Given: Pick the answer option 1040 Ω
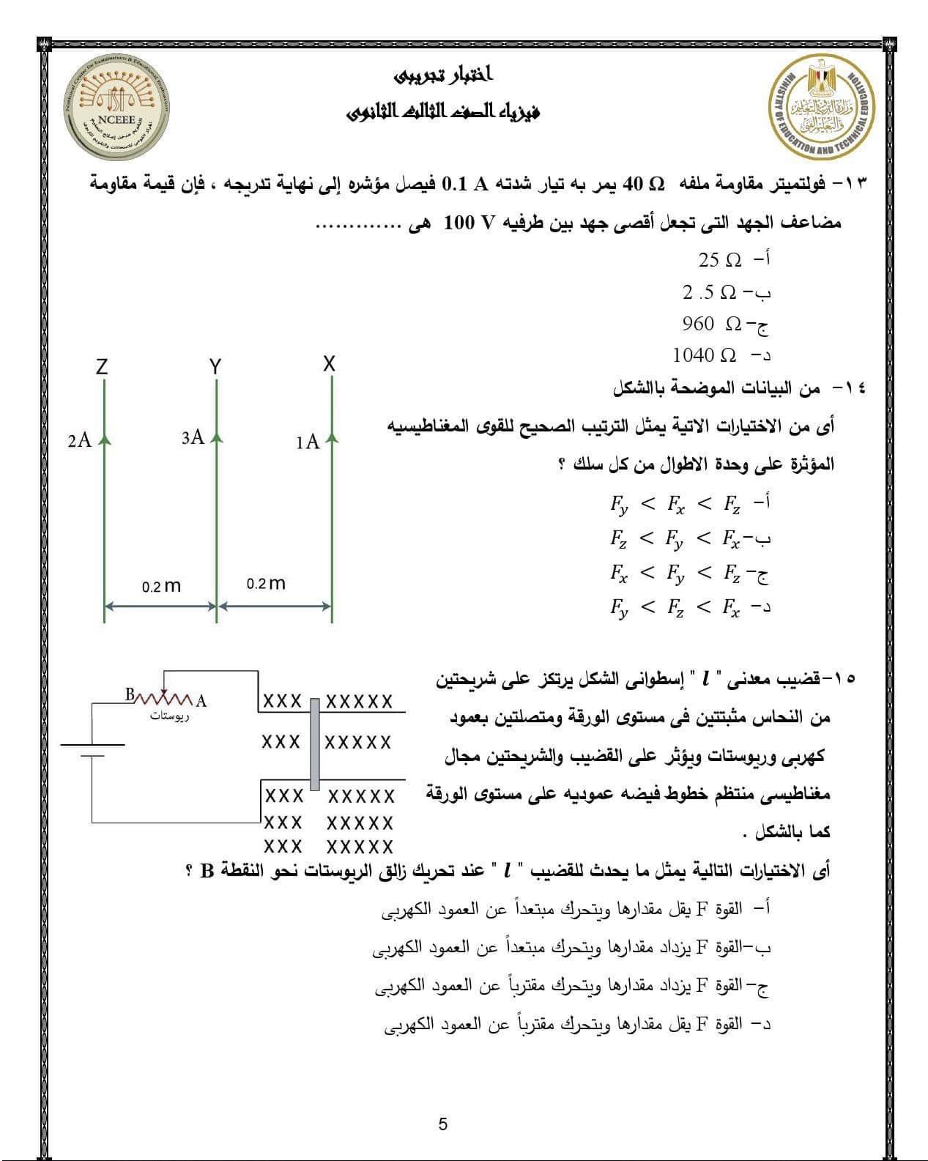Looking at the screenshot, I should (705, 356).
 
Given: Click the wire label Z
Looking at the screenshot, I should (102, 367).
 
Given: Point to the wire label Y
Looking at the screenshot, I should (215, 367).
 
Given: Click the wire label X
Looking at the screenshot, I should (330, 363).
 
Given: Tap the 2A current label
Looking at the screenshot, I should (79, 440).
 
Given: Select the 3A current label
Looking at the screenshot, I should (193, 438).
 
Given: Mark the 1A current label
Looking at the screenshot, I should (308, 442).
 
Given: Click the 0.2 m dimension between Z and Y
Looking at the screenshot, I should (161, 587).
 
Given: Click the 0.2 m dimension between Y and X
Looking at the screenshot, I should (266, 584).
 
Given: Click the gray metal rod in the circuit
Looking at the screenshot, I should (314, 744).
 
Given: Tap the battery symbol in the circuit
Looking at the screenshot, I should (92, 750).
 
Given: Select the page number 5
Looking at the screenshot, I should (442, 1124).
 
